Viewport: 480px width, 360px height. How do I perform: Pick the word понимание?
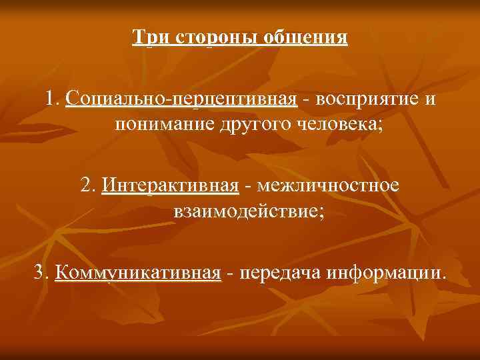point(164,125)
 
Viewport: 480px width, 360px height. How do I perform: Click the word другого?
point(253,125)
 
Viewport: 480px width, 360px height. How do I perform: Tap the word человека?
point(335,125)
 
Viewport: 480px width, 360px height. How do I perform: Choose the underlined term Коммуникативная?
point(138,273)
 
